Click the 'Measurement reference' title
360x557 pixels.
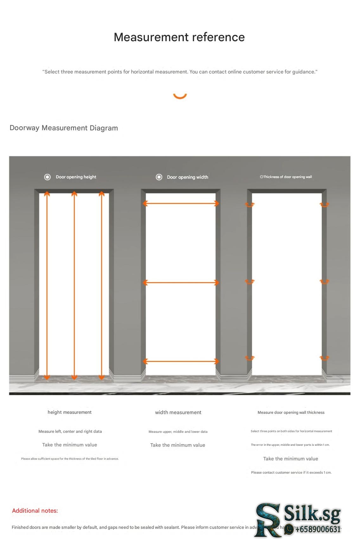point(179,37)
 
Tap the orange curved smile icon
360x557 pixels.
point(180,96)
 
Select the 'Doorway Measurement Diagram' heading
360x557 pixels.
point(64,128)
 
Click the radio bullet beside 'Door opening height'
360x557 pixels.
point(48,177)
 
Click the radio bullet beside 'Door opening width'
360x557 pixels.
point(159,177)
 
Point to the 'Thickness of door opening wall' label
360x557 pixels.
point(286,177)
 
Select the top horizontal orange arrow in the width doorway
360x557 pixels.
point(181,203)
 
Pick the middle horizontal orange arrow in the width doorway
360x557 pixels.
point(181,282)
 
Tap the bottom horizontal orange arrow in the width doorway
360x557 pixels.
point(181,361)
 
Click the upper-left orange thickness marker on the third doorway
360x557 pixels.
point(250,205)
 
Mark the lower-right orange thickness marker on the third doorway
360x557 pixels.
point(325,358)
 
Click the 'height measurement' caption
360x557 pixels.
point(69,412)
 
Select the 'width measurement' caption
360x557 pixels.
point(178,413)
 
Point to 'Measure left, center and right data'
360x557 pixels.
point(70,432)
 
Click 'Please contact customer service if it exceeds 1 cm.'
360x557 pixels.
point(291,472)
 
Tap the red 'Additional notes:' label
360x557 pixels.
point(35,511)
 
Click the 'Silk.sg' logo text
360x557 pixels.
point(312,514)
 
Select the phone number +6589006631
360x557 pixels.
point(318,529)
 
